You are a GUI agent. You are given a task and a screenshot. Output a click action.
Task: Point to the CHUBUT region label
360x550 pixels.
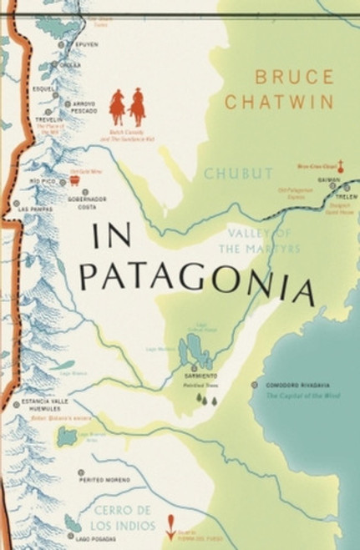pos(239,174)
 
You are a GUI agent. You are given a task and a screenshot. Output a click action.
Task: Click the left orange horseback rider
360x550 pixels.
pos(118,107)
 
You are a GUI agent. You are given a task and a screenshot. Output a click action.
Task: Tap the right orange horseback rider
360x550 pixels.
pos(137,107)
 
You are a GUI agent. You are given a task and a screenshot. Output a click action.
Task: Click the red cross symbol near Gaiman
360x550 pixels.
pos(341,166)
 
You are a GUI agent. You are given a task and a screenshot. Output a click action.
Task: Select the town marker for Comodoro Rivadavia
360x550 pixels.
pos(255,385)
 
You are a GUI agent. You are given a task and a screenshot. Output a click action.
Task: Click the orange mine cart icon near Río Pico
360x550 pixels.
pos(74,179)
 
